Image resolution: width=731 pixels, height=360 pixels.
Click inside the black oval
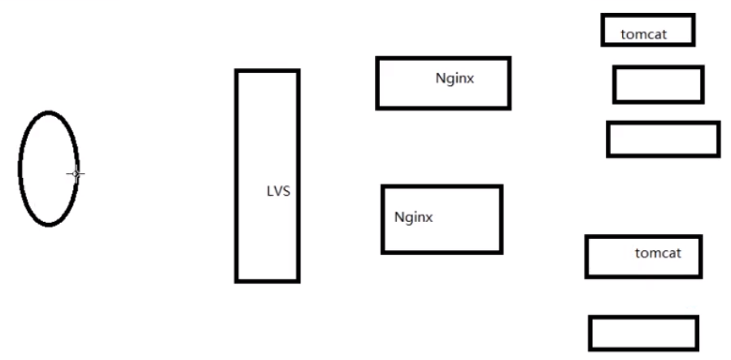click(x=47, y=167)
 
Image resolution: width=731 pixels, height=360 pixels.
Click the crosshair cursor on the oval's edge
click(x=76, y=173)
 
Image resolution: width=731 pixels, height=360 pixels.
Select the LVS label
click(x=278, y=193)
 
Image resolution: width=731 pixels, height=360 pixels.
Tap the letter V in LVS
click(x=278, y=193)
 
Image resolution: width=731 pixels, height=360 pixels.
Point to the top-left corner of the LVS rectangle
click(x=237, y=71)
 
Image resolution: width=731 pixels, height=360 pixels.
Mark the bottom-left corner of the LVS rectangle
click(x=237, y=281)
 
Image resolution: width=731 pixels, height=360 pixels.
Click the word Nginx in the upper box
click(x=455, y=79)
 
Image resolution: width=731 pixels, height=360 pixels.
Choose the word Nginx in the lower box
click(x=414, y=218)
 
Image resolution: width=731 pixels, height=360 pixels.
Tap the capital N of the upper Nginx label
click(x=440, y=79)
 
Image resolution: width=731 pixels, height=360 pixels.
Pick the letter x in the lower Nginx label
click(x=429, y=219)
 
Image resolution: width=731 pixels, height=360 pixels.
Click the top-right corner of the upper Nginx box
click(x=510, y=58)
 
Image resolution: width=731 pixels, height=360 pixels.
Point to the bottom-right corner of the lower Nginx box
click(x=501, y=252)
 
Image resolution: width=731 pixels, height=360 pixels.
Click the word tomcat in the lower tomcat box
click(x=657, y=254)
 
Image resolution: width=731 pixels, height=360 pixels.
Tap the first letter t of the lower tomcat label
click(x=637, y=254)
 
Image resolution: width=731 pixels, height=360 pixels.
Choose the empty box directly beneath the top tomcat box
click(x=658, y=85)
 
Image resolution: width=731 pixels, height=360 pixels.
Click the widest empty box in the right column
click(x=663, y=139)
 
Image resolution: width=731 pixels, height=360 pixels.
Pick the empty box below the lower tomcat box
click(x=643, y=333)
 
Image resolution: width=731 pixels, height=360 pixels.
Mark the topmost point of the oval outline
click(x=50, y=112)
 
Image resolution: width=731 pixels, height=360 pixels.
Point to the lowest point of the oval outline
click(x=48, y=223)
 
